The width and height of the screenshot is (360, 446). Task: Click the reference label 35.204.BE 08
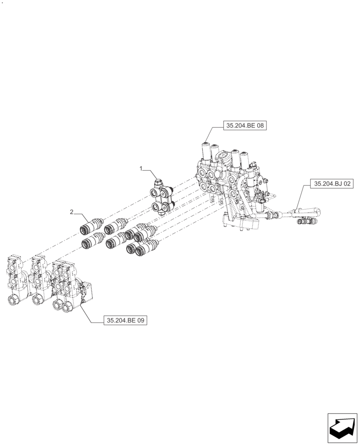coord(245,126)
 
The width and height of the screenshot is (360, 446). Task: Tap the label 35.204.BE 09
coord(125,320)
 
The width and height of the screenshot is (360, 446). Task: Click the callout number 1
coord(141,169)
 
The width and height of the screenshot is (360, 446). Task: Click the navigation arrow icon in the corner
coord(342,429)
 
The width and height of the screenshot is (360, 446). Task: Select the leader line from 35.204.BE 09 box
coord(91,314)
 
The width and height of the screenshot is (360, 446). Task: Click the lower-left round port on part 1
coord(155,206)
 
